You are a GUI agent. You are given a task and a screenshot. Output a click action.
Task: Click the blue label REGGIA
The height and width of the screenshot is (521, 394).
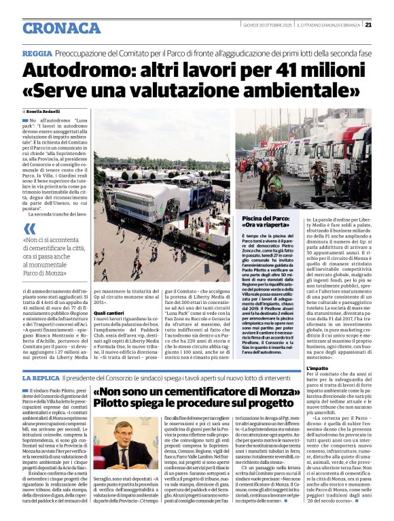click(37, 52)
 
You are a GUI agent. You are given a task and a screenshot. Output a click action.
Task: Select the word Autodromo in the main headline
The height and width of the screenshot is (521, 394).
click(76, 70)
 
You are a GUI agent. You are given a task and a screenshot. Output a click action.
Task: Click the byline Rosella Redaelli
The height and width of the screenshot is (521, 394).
click(43, 111)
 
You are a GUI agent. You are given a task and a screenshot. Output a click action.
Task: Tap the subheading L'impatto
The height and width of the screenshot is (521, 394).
click(317, 368)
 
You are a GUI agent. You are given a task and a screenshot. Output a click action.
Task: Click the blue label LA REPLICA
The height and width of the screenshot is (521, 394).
click(41, 377)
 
